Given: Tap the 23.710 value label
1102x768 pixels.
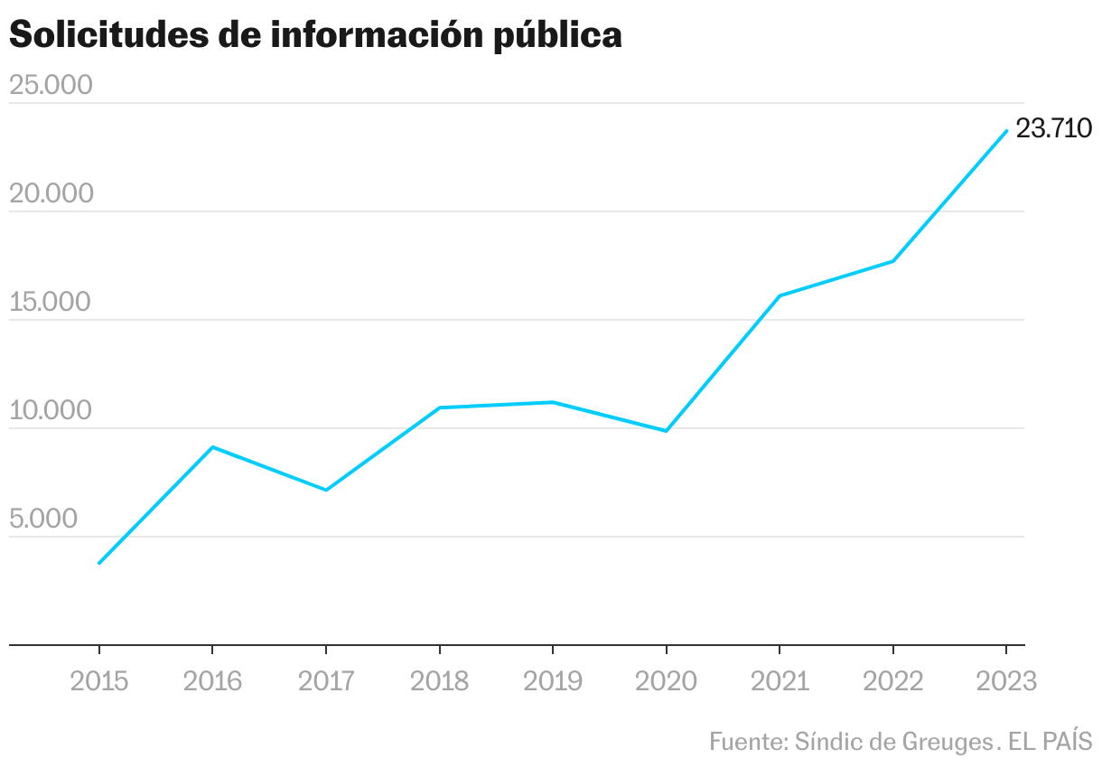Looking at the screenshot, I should (x=1053, y=129).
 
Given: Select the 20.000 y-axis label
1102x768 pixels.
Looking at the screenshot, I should (x=51, y=193).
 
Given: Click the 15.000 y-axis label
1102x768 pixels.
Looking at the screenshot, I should (x=51, y=302).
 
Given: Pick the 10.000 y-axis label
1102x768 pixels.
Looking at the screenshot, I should (x=51, y=410).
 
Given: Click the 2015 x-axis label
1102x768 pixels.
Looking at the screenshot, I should (x=99, y=680).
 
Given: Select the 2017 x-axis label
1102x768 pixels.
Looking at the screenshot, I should (x=326, y=680).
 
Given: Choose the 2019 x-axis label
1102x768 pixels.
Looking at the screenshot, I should (x=553, y=680).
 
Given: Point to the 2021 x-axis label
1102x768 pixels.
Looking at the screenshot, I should (x=780, y=680).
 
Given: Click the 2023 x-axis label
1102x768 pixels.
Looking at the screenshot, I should (x=1006, y=680).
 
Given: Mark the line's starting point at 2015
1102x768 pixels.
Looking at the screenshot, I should (x=99, y=563).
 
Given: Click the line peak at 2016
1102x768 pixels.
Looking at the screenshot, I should (x=212, y=447).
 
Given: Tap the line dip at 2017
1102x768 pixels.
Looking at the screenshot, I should (x=326, y=490).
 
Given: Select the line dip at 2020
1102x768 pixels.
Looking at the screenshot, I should (x=666, y=431).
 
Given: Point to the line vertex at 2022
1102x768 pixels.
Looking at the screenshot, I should (x=892, y=261).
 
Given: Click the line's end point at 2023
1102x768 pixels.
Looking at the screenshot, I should (x=1006, y=131).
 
